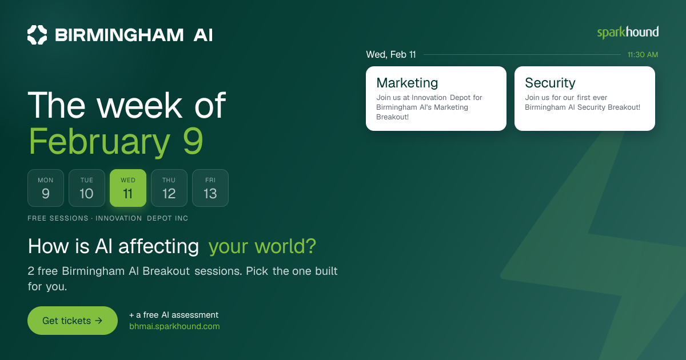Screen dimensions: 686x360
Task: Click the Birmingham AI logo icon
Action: point(37,35)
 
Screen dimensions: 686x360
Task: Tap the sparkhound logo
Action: point(628,33)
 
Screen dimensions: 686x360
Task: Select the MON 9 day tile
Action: point(46,188)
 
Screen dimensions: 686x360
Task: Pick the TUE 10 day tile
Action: point(87,188)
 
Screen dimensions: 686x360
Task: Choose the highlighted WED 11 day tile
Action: point(128,188)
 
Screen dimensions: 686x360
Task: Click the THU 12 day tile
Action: point(169,188)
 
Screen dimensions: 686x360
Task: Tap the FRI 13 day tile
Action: point(210,188)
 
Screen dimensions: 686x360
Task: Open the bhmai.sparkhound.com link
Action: point(174,326)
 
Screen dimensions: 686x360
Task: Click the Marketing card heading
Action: point(407,83)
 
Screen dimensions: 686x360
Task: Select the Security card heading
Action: point(550,83)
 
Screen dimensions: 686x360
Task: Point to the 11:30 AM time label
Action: point(643,54)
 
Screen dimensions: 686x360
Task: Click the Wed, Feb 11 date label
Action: point(391,54)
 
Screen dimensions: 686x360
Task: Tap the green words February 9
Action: point(115,141)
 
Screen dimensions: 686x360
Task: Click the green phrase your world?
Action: point(262,246)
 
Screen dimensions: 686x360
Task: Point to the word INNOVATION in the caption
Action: point(118,218)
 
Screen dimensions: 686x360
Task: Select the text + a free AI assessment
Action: point(174,315)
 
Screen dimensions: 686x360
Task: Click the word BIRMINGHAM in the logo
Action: point(119,35)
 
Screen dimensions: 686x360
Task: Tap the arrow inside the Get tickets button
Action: point(98,321)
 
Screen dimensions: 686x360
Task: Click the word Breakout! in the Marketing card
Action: point(392,117)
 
